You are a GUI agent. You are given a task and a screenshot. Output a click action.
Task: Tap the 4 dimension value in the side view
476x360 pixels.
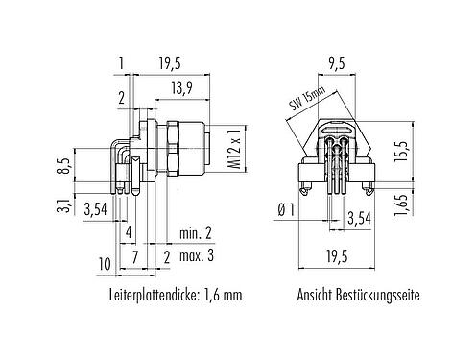tap(128, 233)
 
